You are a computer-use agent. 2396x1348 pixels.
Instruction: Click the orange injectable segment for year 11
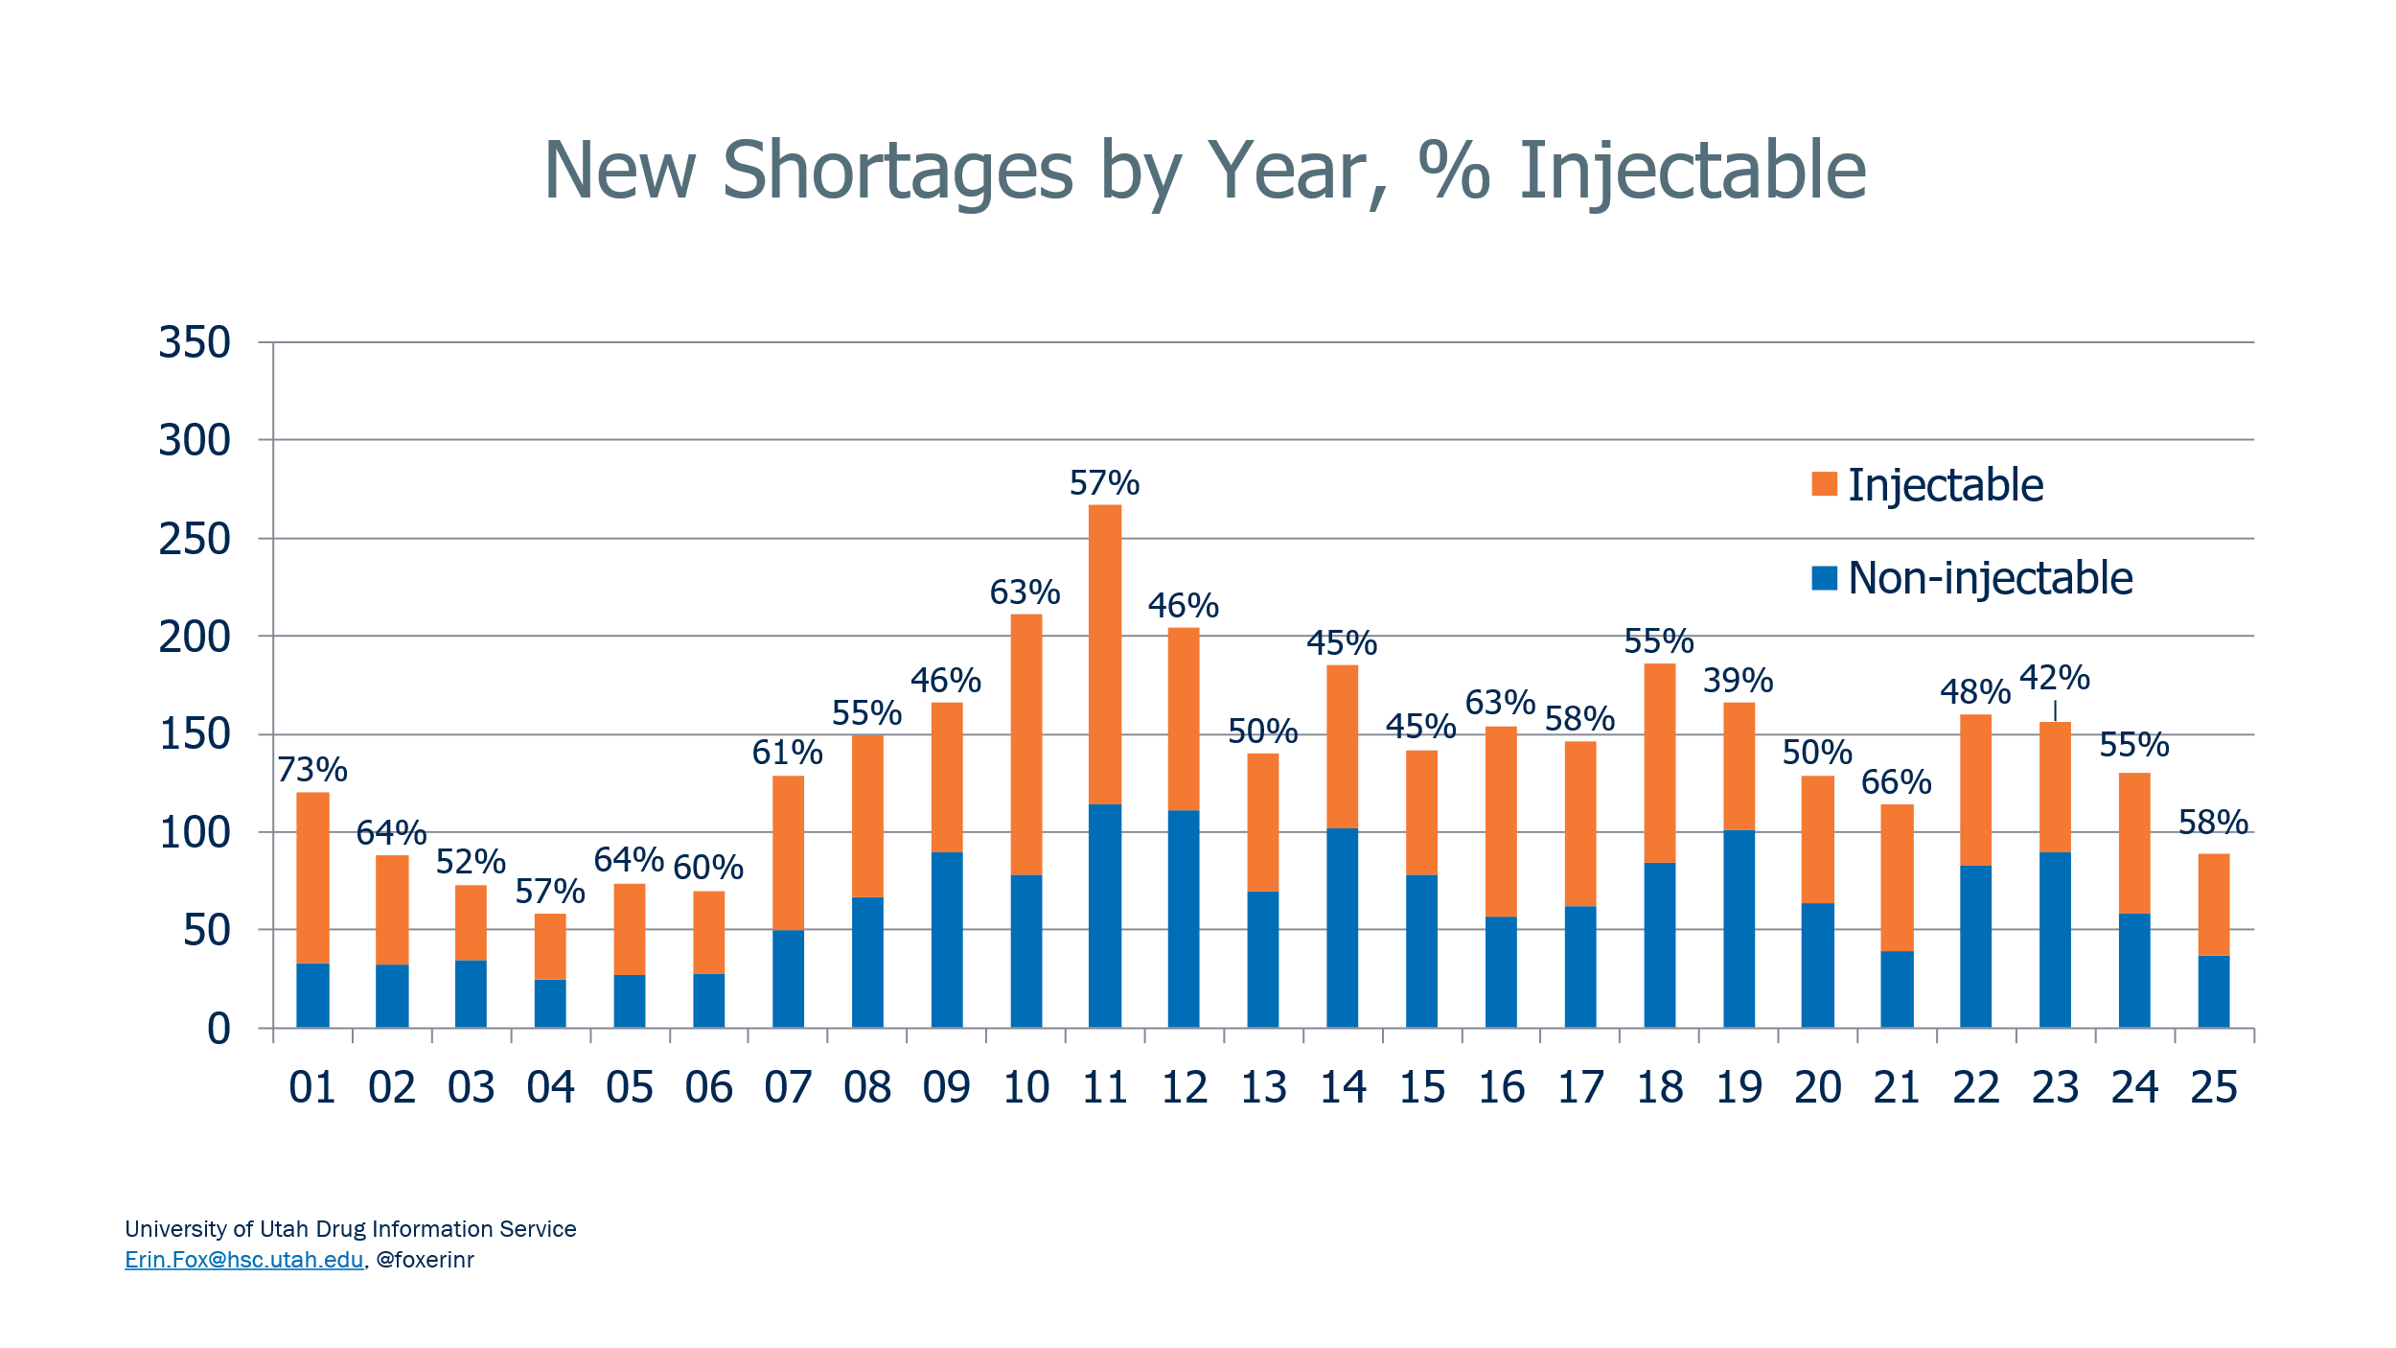1104,654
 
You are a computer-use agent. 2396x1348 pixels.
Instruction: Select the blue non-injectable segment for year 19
1739,928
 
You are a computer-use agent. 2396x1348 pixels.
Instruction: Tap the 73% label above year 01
312,770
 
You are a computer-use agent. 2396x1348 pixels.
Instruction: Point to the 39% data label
1738,681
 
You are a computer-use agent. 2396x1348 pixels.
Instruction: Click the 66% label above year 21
1896,782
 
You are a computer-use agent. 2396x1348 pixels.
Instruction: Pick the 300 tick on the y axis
195,441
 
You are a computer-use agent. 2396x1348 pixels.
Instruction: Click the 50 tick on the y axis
206,931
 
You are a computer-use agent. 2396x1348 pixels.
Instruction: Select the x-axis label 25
2213,1088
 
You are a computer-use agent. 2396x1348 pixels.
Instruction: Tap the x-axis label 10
1025,1088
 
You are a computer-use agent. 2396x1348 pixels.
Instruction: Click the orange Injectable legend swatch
1824,484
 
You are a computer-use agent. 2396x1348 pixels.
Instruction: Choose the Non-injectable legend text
1990,578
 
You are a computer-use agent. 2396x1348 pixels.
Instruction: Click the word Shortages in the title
897,171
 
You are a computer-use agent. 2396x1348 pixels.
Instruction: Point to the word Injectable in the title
1693,171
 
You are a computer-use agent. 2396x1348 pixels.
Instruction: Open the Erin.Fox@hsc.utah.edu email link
243,1260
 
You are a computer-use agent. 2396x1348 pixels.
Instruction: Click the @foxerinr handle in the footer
425,1260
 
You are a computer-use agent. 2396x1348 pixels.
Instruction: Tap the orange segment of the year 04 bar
550,946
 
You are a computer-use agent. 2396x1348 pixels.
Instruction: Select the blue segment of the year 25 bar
2213,991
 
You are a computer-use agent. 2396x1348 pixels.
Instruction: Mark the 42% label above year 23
2054,679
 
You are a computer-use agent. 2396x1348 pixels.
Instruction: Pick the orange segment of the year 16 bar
1501,821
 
